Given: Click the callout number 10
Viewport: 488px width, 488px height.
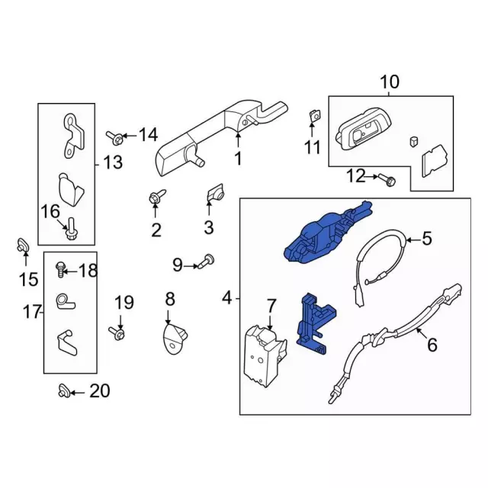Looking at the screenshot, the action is pyautogui.click(x=390, y=82).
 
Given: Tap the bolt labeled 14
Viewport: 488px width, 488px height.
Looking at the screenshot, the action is pyautogui.click(x=114, y=137).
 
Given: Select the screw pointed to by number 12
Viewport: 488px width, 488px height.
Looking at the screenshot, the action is pyautogui.click(x=387, y=179).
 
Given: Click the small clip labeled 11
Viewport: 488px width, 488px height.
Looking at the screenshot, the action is pyautogui.click(x=315, y=116).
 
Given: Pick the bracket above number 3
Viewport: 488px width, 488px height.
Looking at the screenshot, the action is pyautogui.click(x=215, y=193).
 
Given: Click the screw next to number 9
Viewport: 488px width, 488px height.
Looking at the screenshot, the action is pyautogui.click(x=207, y=262).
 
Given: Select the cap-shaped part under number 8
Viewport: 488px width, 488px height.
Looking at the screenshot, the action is pyautogui.click(x=175, y=339).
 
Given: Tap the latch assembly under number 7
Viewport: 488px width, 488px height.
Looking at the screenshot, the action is pyautogui.click(x=265, y=355).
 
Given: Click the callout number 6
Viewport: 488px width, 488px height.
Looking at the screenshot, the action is pyautogui.click(x=432, y=345).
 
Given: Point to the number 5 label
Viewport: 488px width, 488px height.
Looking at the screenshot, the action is pyautogui.click(x=427, y=238).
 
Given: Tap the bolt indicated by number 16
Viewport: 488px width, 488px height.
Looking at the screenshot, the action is pyautogui.click(x=71, y=229).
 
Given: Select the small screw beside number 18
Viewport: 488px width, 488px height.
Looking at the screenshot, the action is pyautogui.click(x=60, y=269).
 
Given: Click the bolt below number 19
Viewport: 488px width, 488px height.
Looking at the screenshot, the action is pyautogui.click(x=117, y=333).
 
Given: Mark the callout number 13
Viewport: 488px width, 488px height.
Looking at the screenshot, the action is pyautogui.click(x=113, y=162).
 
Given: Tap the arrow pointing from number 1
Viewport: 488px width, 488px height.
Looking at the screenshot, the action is pyautogui.click(x=238, y=140).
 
